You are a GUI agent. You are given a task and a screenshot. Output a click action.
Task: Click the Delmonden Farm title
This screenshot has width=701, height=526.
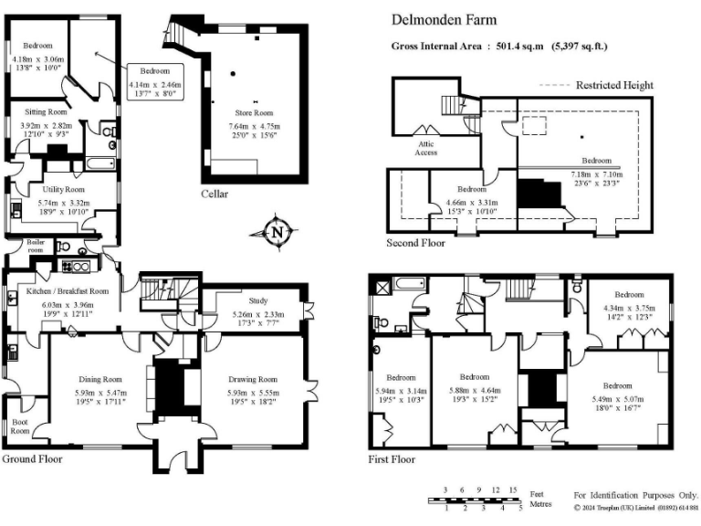(436, 19)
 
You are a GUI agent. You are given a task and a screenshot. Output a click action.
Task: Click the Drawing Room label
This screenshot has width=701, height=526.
(254, 379)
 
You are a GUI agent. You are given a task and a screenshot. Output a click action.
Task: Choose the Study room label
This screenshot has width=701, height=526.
(257, 300)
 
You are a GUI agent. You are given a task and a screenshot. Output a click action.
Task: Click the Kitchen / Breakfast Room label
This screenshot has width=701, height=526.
(68, 290)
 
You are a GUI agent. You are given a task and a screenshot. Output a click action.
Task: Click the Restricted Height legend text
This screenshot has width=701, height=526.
(614, 86)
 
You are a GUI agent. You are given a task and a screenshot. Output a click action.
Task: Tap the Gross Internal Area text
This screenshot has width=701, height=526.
(499, 46)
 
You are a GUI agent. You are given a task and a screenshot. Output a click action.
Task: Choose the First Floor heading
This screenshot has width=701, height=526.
(391, 459)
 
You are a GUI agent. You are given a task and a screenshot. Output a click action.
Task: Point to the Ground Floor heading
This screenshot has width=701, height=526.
(32, 458)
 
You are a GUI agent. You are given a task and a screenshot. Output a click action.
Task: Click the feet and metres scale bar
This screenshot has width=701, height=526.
(475, 500)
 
